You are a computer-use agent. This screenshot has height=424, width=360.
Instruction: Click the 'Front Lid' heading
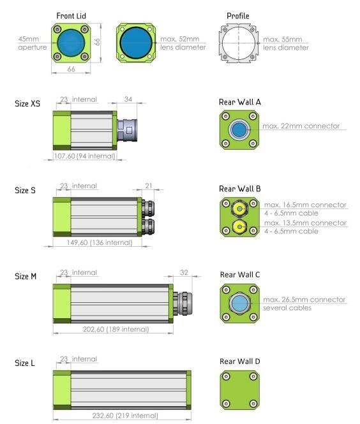coord(71,16)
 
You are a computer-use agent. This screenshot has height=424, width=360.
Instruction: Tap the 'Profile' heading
coord(238,16)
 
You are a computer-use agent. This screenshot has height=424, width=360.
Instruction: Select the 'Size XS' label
coord(27,103)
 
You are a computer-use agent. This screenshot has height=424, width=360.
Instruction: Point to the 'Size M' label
coord(26,276)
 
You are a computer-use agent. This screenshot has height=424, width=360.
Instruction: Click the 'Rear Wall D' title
coord(240,362)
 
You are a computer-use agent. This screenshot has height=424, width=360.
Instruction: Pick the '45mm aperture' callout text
coord(32,43)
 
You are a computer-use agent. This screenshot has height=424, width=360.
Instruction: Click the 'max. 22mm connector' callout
coord(301,126)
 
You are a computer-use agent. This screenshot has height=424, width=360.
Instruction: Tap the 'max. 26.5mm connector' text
coord(304,300)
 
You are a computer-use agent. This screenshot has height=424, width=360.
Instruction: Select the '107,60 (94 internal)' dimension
coord(85,156)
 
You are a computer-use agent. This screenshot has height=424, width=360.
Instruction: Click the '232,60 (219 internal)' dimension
coord(125,415)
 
